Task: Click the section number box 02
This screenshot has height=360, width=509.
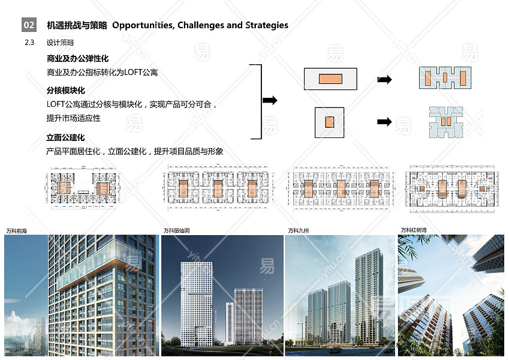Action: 29,25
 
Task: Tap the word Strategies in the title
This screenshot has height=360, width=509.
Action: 262,25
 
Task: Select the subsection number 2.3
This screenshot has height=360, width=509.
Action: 29,43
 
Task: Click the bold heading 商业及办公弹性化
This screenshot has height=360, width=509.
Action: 77,59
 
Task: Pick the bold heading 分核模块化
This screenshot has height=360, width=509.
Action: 65,91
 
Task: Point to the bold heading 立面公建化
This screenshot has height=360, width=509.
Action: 65,138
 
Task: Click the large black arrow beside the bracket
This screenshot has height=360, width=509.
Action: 270,100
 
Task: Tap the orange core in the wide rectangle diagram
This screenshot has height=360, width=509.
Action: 330,79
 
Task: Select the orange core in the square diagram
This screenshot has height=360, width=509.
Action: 329,122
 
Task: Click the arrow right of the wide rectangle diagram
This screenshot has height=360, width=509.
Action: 384,79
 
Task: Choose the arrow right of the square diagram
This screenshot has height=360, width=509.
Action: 384,122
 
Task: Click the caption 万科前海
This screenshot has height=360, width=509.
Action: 17,231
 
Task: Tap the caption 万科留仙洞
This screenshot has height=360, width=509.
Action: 177,231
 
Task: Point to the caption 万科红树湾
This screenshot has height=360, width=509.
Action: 414,230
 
